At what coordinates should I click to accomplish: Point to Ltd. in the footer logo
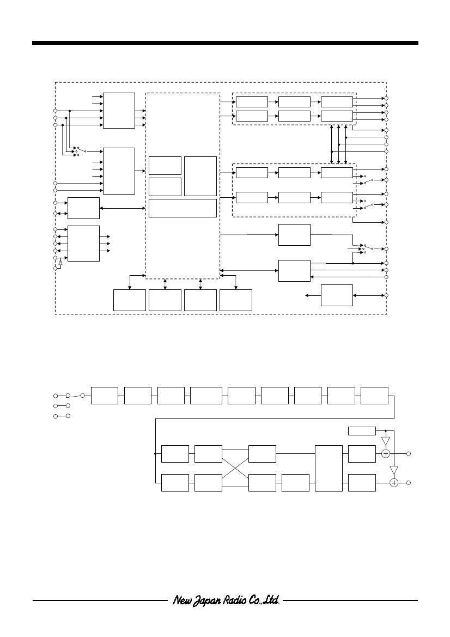[271, 599]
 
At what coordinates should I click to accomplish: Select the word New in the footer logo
[181, 599]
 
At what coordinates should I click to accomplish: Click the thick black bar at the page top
[225, 43]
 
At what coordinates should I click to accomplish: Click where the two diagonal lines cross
[235, 468]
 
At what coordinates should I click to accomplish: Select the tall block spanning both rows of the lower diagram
[329, 468]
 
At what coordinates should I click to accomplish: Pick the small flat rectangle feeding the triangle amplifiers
[362, 431]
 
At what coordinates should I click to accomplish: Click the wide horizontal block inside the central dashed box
[183, 208]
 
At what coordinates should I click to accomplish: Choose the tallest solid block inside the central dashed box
[200, 177]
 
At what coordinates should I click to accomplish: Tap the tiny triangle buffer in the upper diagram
[60, 264]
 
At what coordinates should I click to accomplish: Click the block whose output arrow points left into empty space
[337, 295]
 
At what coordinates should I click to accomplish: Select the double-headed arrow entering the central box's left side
[123, 208]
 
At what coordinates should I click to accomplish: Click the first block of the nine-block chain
[105, 396]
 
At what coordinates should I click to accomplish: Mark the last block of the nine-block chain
[374, 396]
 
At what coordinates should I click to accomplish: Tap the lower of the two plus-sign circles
[393, 483]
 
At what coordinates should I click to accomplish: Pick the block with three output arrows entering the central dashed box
[119, 111]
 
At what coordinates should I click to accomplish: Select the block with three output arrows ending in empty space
[84, 244]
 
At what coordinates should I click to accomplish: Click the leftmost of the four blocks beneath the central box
[130, 300]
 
